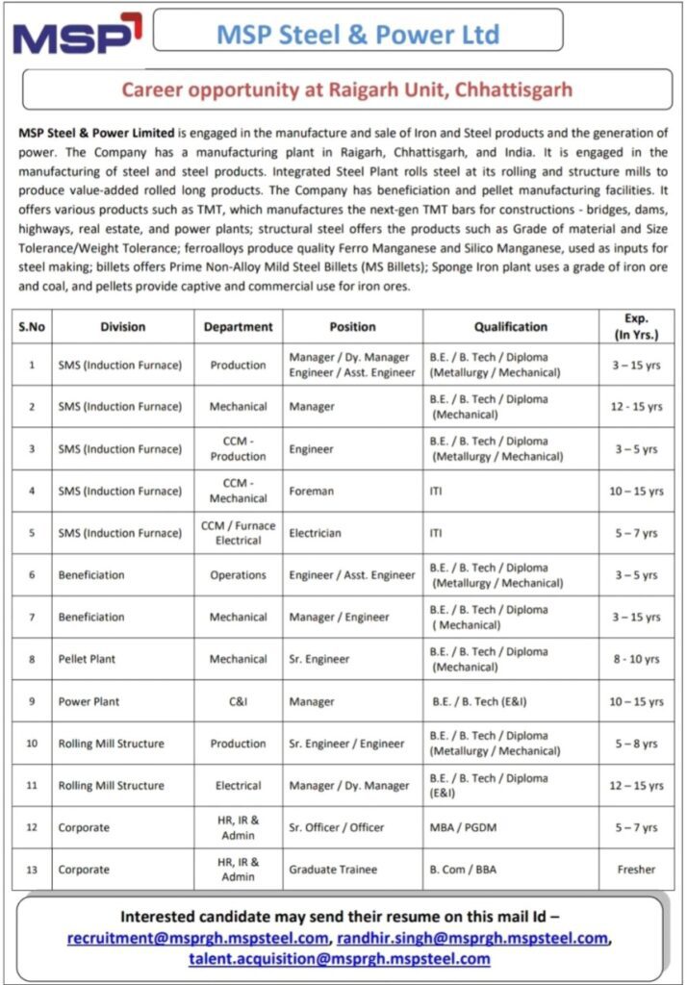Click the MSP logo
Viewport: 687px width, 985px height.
click(x=77, y=36)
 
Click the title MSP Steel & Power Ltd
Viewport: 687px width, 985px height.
click(x=358, y=35)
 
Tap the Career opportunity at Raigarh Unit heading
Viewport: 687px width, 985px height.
click(x=346, y=89)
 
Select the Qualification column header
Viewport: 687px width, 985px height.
click(x=511, y=327)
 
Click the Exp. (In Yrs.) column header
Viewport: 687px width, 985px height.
click(x=636, y=327)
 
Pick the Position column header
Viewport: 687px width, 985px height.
click(x=352, y=327)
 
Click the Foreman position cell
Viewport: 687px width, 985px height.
click(x=312, y=491)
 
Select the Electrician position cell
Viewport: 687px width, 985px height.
click(x=316, y=533)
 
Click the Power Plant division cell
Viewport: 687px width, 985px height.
click(x=89, y=701)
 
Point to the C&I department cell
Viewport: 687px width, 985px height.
click(x=238, y=701)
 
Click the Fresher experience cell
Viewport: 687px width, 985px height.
click(x=636, y=870)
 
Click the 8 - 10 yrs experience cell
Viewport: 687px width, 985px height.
click(x=636, y=659)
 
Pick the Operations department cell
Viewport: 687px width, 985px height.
click(x=238, y=575)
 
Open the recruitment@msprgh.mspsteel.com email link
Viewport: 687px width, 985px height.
click(x=197, y=938)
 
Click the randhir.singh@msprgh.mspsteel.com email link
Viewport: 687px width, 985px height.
click(x=471, y=938)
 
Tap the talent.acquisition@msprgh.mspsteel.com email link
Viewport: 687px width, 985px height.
click(x=340, y=959)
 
